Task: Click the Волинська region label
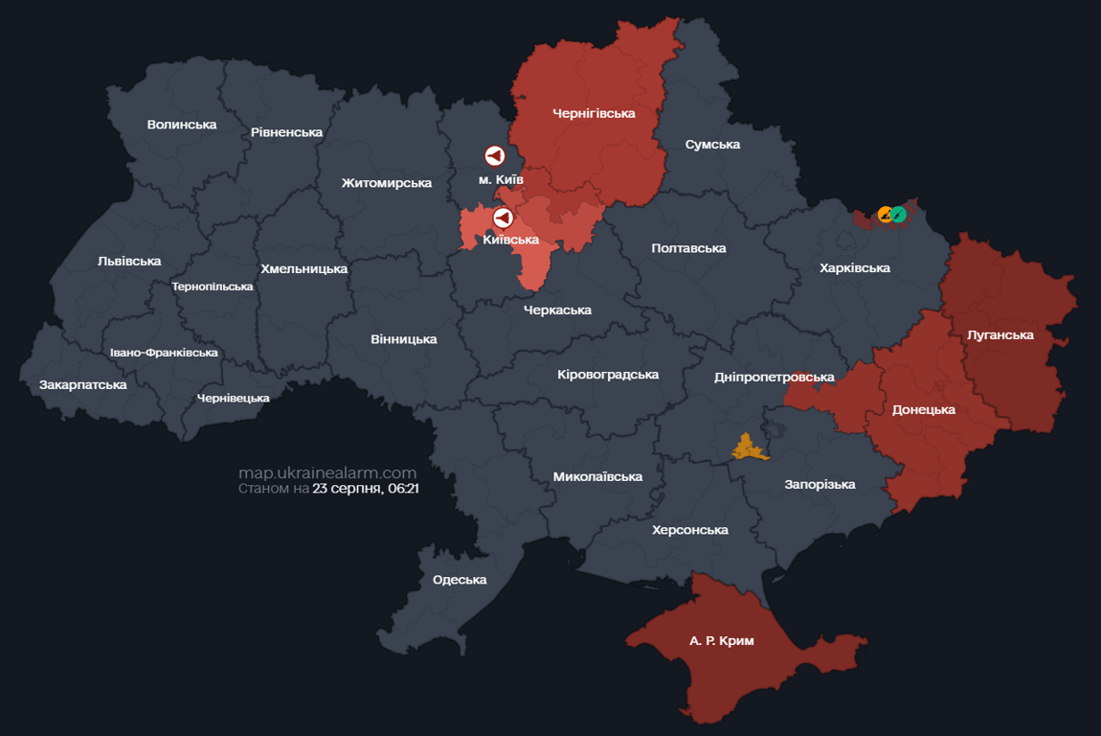(x=182, y=125)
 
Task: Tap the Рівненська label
(x=286, y=132)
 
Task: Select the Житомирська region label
(x=386, y=183)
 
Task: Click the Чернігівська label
(x=594, y=113)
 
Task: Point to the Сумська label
(x=712, y=145)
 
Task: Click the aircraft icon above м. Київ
(x=494, y=155)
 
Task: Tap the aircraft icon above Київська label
(x=503, y=218)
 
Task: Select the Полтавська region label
(x=688, y=248)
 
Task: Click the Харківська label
(x=855, y=268)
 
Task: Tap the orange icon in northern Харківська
(x=887, y=215)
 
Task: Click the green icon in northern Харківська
(x=899, y=214)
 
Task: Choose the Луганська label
(x=1000, y=335)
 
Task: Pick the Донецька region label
(x=924, y=410)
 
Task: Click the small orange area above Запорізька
(x=749, y=448)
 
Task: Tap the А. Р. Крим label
(x=721, y=641)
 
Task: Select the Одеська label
(x=460, y=580)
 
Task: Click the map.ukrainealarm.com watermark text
(x=327, y=472)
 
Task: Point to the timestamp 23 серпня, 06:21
(x=366, y=489)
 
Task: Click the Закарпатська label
(x=83, y=385)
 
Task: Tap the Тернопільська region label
(x=213, y=287)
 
